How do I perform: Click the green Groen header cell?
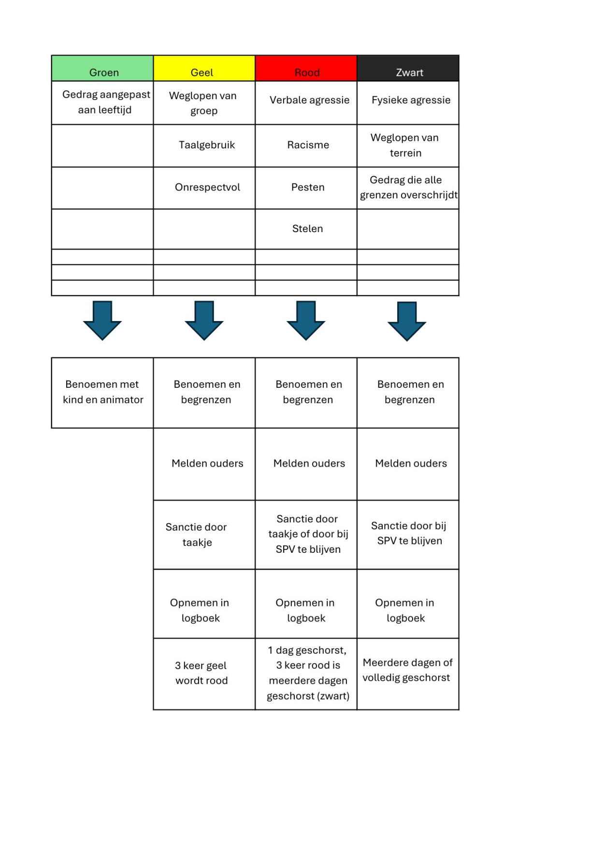coord(102,68)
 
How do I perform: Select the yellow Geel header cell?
coord(204,68)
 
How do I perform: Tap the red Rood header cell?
coord(306,68)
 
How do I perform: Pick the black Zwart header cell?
coord(408,68)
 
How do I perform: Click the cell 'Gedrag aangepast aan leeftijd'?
coord(102,103)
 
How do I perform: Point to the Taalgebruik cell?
coord(204,146)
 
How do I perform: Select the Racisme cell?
coord(306,146)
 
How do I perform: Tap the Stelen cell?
coord(306,229)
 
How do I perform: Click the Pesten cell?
coord(306,188)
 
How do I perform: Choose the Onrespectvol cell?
coord(204,188)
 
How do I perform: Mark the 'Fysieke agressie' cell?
coord(408,103)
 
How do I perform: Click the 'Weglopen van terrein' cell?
coord(408,146)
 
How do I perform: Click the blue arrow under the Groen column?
coord(102,320)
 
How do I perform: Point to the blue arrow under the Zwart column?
coord(407,321)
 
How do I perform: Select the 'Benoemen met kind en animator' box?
coord(102,393)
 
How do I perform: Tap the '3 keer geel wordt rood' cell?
coord(204,674)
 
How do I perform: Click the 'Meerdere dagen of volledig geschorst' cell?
coord(408,674)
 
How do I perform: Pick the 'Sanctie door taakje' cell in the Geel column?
coord(204,535)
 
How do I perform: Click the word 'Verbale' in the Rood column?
coord(287,100)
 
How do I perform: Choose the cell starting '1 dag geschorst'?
coord(306,674)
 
